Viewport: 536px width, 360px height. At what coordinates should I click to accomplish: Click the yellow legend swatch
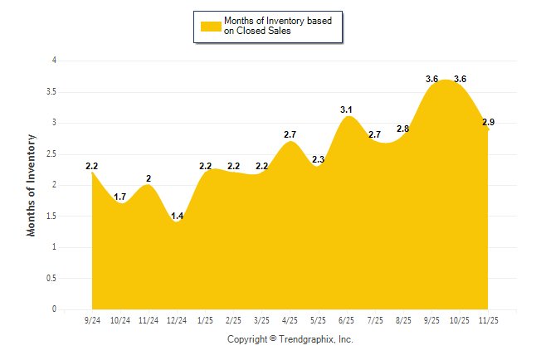tap(211, 27)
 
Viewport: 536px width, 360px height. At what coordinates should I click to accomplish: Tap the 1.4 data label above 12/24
tap(177, 216)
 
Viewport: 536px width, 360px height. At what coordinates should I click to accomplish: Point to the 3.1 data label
tap(347, 109)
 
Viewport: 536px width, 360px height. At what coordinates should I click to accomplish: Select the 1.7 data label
tap(120, 197)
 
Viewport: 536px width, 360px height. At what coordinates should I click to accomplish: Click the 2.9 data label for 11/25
tap(488, 123)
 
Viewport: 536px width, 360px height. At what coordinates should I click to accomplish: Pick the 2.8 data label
tap(403, 129)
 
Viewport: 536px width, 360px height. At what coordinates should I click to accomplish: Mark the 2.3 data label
tap(319, 160)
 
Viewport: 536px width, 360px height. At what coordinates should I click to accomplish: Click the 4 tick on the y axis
tap(54, 61)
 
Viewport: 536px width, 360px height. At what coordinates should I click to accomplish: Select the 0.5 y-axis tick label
tap(51, 279)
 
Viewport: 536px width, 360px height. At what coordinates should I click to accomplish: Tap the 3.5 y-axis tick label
tap(51, 91)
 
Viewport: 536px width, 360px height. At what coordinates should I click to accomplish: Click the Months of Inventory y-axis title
tap(32, 185)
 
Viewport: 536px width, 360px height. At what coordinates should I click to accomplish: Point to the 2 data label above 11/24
tap(149, 178)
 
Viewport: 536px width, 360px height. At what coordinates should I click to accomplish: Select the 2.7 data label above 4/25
tap(290, 134)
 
